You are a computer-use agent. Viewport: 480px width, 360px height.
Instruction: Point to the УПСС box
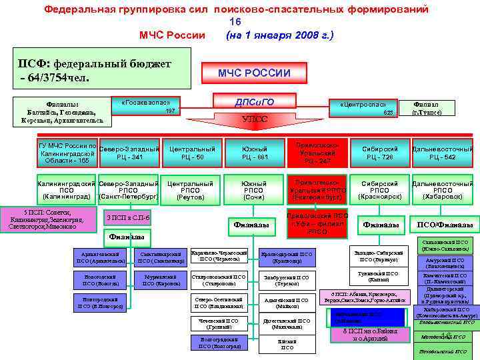(254, 119)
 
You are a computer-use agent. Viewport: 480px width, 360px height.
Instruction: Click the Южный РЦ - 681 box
(254, 153)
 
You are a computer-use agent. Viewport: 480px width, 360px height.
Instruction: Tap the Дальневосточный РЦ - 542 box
(443, 153)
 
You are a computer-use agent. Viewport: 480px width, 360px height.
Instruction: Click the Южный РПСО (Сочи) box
(254, 190)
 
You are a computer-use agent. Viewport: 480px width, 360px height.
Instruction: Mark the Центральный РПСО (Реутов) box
(191, 190)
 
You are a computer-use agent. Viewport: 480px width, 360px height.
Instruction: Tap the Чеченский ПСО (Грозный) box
(219, 324)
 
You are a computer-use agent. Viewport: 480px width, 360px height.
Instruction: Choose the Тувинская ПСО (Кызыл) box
(378, 276)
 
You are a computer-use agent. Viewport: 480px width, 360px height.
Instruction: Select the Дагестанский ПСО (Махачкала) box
(287, 324)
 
